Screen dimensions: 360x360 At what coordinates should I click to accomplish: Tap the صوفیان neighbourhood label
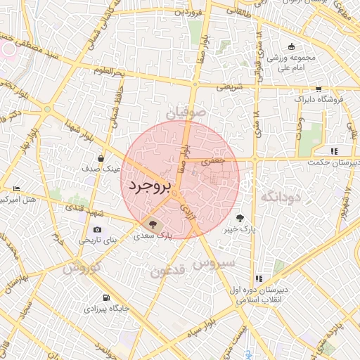[187, 112]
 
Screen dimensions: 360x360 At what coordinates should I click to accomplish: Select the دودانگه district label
[281, 197]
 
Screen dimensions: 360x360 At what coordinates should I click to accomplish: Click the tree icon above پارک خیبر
[240, 218]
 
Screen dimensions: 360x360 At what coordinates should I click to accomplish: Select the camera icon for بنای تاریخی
[97, 229]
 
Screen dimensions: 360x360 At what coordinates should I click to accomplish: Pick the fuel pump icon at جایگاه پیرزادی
[105, 297]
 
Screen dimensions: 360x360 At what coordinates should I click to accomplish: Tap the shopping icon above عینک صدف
[102, 158]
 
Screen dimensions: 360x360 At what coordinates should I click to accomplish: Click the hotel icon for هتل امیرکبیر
[17, 189]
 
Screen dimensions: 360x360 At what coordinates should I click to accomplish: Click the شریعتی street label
[229, 87]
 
